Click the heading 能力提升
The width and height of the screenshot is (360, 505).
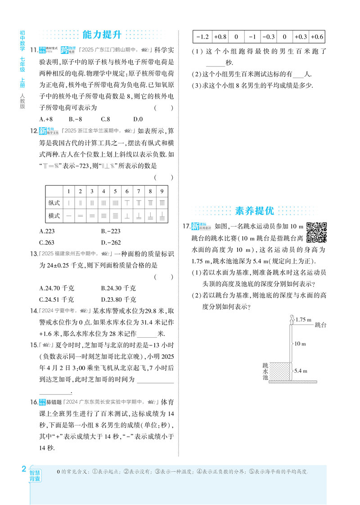tap(103, 35)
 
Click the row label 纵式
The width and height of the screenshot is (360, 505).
tap(54, 203)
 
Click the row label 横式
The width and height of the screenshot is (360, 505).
tap(54, 216)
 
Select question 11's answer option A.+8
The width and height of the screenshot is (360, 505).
tap(46, 119)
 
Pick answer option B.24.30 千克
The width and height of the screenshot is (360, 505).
tap(118, 288)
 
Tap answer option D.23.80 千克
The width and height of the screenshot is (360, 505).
tap(118, 299)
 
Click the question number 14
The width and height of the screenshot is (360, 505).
tap(33, 311)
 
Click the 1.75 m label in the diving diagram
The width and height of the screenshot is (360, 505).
tap(303, 320)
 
